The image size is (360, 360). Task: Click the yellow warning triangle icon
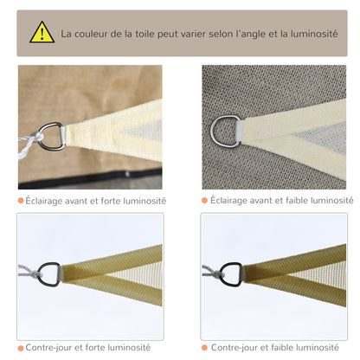[42, 33]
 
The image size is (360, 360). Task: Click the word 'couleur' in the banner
[97, 35]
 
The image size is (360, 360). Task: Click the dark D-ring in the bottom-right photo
[231, 273]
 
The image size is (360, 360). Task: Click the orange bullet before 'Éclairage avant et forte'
[21, 201]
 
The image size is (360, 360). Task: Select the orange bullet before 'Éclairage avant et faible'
[204, 201]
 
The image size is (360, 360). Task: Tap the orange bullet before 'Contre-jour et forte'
[21, 347]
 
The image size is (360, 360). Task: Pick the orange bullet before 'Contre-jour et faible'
[204, 347]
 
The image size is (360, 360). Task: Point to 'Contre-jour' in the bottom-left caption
[48, 347]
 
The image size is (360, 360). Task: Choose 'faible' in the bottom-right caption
[282, 347]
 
